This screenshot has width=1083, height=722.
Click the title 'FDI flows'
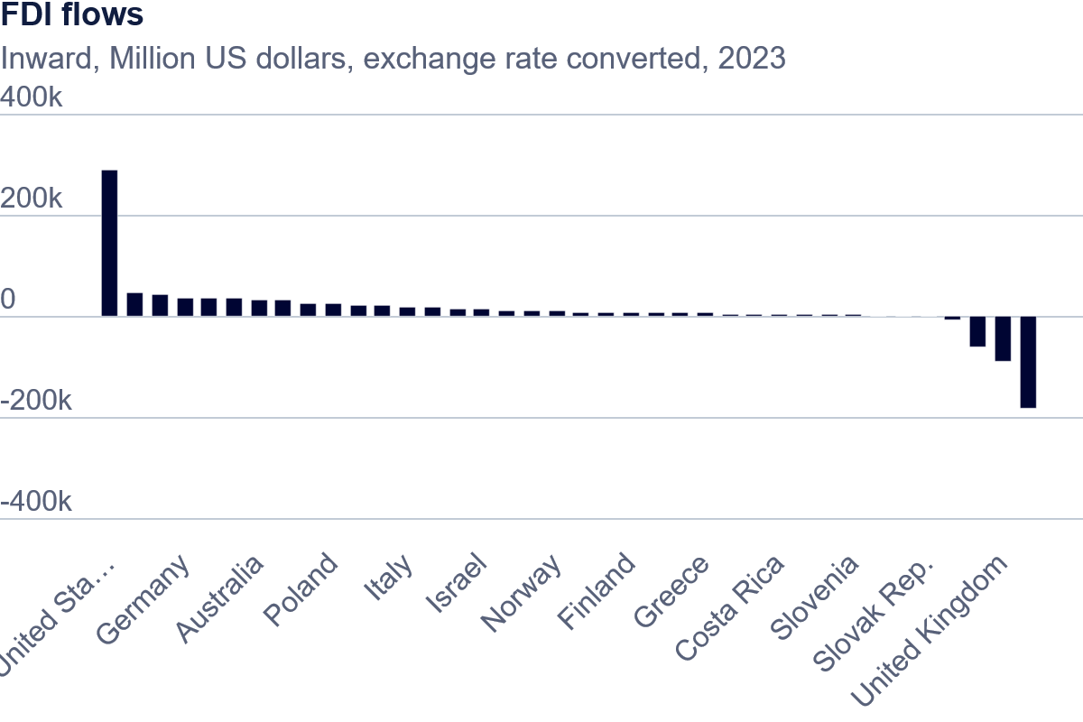point(72,15)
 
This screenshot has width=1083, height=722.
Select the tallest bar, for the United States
point(109,243)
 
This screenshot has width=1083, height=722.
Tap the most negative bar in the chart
point(1028,362)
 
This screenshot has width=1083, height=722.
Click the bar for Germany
point(185,308)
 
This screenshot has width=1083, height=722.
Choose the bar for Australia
point(259,309)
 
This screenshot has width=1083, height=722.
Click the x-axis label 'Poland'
point(301,590)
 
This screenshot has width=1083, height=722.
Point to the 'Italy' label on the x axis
point(388,579)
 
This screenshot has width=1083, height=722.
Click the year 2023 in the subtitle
point(751,59)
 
